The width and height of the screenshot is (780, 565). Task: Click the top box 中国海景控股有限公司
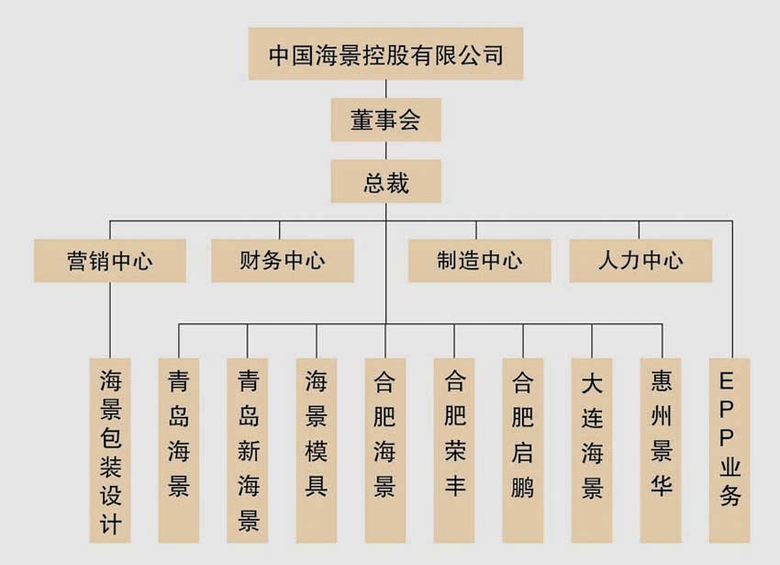(386, 54)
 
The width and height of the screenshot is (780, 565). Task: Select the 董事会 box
(386, 120)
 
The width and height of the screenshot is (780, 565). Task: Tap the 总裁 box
(386, 181)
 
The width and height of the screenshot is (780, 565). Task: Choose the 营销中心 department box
(110, 261)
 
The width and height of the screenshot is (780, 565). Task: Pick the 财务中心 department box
(282, 261)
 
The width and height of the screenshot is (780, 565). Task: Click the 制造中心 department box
(479, 261)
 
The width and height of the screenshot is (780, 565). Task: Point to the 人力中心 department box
(641, 261)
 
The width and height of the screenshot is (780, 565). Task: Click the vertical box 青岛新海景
(248, 448)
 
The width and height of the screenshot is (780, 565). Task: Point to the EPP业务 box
(730, 448)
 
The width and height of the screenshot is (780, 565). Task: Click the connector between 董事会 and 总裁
(386, 151)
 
